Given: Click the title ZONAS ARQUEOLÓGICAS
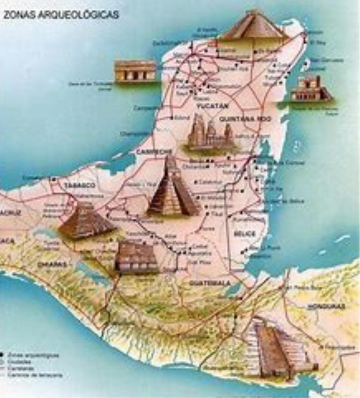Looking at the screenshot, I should [61, 15].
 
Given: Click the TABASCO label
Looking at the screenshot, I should [80, 185].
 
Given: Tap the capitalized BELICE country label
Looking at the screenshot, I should [245, 234].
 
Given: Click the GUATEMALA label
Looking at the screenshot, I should [210, 283].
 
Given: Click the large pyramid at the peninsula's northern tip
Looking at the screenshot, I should [255, 26].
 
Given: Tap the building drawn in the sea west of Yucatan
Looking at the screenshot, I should [135, 71].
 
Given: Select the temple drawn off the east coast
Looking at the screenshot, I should [311, 89].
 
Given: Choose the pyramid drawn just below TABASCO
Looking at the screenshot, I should [85, 222].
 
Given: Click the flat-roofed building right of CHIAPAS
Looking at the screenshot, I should [136, 257].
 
